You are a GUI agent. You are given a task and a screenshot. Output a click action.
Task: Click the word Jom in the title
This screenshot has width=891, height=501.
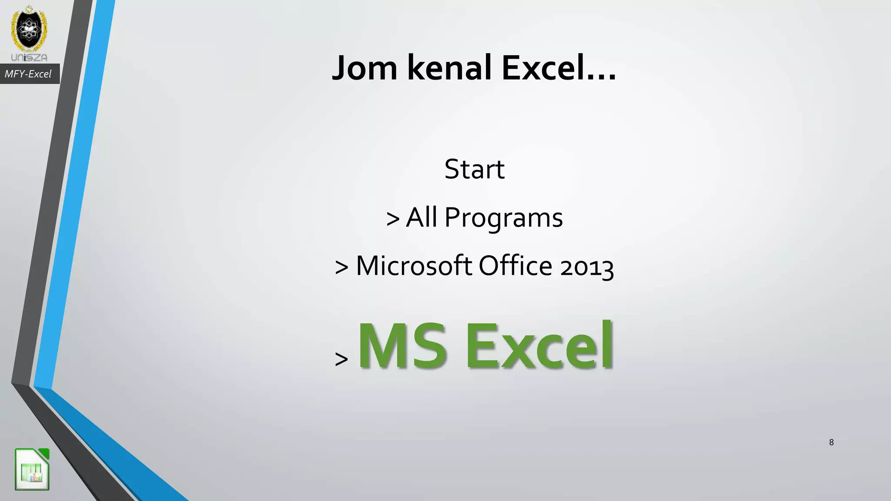[x=365, y=68]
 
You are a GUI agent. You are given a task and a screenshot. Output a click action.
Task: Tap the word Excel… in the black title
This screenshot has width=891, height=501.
[x=559, y=68]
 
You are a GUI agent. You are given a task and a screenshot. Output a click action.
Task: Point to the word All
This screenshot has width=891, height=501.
[x=421, y=217]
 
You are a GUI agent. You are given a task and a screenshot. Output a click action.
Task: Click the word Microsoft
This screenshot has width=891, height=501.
[x=414, y=265]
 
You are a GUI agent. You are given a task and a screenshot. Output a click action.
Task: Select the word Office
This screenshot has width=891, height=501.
[x=516, y=265]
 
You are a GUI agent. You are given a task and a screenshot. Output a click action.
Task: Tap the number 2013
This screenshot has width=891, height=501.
[x=587, y=267]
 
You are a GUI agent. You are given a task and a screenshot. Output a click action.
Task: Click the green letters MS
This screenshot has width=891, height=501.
[x=402, y=345]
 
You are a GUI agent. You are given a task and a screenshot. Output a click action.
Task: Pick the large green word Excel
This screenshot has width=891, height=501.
[x=540, y=345]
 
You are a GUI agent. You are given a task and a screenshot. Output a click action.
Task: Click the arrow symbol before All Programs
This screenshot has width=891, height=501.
[x=392, y=219]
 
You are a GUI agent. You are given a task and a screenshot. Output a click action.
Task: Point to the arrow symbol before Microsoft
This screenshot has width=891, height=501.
[x=342, y=267]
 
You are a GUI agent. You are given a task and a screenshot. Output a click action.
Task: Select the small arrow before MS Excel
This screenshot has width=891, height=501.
[x=342, y=359]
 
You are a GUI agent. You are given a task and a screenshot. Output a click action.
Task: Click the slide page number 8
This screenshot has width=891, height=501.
[x=831, y=442]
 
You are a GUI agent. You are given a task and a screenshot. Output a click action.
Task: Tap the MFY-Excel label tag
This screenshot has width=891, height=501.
[x=28, y=74]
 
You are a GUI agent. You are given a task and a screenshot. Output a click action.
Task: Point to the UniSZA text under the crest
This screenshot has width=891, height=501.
[x=29, y=57]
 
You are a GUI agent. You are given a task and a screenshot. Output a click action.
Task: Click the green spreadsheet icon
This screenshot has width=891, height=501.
[x=32, y=469]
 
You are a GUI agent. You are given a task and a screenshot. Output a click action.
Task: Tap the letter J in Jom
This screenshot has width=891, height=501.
[x=340, y=68]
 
